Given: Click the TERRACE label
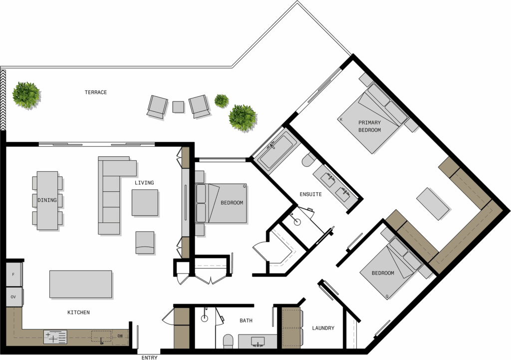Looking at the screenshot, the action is (96, 92).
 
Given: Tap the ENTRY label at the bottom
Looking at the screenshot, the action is (150, 358).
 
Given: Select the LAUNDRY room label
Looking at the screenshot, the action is (323, 328).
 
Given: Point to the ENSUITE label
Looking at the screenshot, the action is (310, 194).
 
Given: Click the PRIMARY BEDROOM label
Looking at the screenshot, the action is (370, 126).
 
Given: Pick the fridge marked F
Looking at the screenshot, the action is (14, 275).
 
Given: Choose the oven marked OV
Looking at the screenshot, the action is (14, 297).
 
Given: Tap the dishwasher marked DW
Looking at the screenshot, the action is (120, 336).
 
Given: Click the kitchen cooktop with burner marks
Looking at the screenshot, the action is (55, 337).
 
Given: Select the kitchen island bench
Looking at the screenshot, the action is (81, 284).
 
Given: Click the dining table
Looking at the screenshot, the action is (47, 201).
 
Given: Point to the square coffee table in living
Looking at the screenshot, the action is (145, 203).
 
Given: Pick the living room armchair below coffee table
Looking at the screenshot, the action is (145, 243).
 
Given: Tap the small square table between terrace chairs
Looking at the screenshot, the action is (178, 107).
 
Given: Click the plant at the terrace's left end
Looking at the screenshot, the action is (26, 95).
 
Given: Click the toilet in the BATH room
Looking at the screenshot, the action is (228, 341).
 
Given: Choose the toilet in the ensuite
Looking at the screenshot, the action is (308, 160).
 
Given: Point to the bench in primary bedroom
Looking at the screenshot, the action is (433, 204).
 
